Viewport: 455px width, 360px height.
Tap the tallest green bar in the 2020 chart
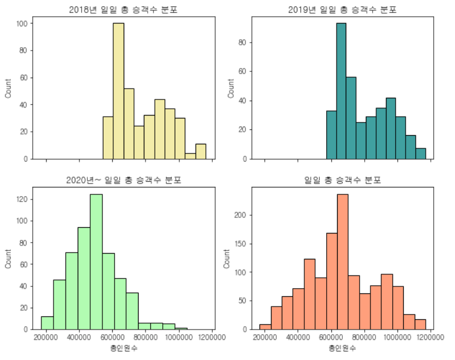96,262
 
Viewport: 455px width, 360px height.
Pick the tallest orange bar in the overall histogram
343,262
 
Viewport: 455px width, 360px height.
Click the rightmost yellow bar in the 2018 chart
201,151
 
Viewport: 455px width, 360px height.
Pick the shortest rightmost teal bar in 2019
421,154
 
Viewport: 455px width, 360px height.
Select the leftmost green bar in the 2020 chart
47,323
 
